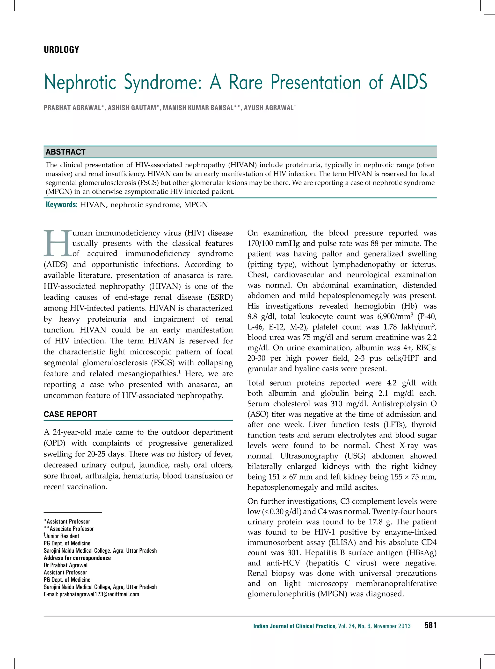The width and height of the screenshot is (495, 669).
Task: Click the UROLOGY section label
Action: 61,50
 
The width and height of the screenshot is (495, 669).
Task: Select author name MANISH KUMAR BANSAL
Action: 198,108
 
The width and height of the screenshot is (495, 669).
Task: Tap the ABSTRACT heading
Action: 66,152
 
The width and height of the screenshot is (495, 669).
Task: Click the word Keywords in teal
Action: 62,205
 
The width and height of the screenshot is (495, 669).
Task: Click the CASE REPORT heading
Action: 70,414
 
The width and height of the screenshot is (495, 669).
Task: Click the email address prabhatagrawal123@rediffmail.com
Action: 91,594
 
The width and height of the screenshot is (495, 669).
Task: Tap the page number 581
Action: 430,625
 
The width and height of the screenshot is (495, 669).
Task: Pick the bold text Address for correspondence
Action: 77,558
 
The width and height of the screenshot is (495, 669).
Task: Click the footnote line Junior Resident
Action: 62,536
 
